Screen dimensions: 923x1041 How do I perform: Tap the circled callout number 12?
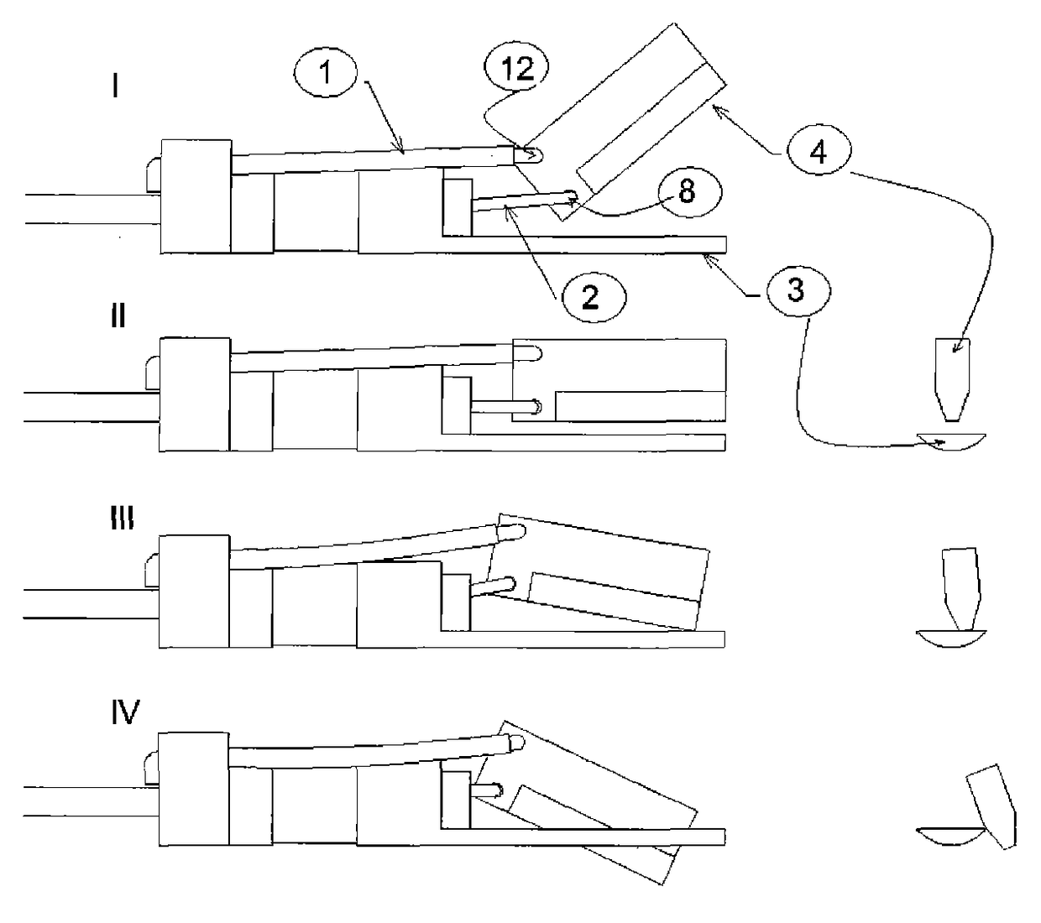(x=516, y=69)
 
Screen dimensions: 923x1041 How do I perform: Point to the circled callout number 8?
(x=686, y=191)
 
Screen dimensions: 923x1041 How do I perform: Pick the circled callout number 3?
(x=794, y=290)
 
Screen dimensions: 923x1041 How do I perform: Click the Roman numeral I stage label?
(x=116, y=86)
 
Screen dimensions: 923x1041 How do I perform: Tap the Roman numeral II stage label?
(x=118, y=316)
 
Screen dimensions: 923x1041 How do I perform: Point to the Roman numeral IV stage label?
(x=125, y=713)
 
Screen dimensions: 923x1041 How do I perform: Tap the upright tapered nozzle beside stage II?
(x=952, y=378)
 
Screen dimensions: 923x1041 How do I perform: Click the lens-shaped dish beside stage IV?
(x=949, y=837)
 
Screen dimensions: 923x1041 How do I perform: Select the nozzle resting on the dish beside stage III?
(x=960, y=587)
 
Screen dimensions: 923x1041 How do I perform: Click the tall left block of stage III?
(x=194, y=593)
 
